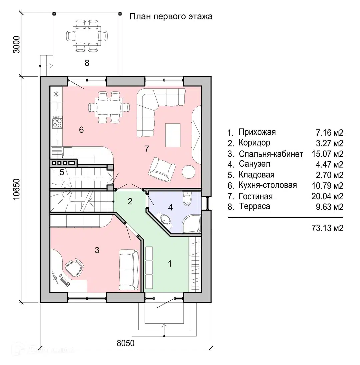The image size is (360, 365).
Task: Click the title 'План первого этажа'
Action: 171,17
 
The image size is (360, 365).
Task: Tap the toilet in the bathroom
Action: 187,199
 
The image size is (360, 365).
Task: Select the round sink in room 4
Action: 165,219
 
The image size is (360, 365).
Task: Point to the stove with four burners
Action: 57,122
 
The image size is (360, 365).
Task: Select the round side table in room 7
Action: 188,172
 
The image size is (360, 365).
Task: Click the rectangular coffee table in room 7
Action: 173,135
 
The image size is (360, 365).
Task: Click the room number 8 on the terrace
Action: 87,63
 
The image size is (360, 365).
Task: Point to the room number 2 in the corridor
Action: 130,201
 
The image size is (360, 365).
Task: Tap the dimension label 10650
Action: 17,189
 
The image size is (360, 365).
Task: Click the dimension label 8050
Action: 126,343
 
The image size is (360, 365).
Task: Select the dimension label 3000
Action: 17,44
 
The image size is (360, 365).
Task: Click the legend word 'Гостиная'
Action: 256,196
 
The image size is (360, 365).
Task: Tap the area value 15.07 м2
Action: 327,154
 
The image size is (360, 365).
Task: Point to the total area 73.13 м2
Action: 327,228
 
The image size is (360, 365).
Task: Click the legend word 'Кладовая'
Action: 256,175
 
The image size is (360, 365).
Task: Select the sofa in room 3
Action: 129,270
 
